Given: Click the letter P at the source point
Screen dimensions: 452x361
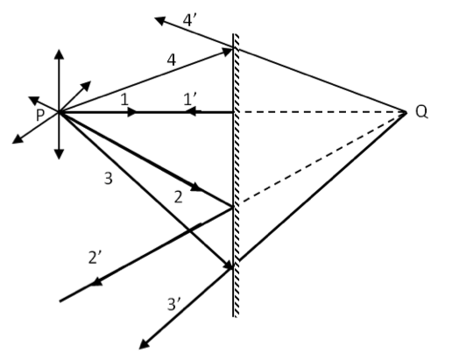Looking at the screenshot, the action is pyautogui.click(x=40, y=115).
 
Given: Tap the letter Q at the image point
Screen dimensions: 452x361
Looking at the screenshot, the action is pyautogui.click(x=421, y=111).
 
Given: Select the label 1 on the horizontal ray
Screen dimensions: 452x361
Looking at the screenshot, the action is pyautogui.click(x=124, y=99).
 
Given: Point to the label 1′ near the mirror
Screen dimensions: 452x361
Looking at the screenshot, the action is pyautogui.click(x=190, y=99).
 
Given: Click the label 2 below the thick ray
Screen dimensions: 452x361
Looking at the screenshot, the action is pyautogui.click(x=178, y=197).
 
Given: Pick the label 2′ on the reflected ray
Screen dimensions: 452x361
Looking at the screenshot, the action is pyautogui.click(x=95, y=258).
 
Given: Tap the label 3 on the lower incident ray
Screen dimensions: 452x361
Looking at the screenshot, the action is pyautogui.click(x=108, y=178).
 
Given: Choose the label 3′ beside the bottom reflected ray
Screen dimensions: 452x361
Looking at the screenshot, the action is pyautogui.click(x=174, y=304).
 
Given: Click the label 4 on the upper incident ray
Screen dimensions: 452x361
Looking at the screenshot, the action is pyautogui.click(x=172, y=60).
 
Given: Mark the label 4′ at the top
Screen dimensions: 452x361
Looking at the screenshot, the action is pyautogui.click(x=189, y=20).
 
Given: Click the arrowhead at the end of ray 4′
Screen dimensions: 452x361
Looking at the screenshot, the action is pyautogui.click(x=160, y=21).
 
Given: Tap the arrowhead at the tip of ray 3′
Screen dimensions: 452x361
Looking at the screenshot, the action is pyautogui.click(x=144, y=344).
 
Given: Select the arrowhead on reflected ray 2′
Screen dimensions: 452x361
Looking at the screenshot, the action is pyautogui.click(x=96, y=282).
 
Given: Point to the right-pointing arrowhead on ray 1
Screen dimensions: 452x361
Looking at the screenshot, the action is pyautogui.click(x=132, y=112).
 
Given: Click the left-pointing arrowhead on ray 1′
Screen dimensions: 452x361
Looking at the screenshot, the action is pyautogui.click(x=191, y=111).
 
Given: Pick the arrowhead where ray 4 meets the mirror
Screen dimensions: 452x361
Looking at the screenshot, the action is pyautogui.click(x=228, y=52).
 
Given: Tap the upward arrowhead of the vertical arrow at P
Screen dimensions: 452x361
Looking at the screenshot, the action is pyautogui.click(x=60, y=54).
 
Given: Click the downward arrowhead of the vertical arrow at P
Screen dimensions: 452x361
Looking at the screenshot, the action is pyautogui.click(x=60, y=154).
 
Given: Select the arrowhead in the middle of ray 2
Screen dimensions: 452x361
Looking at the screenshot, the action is pyautogui.click(x=196, y=187).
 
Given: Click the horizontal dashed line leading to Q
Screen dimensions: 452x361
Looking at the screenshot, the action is pyautogui.click(x=323, y=112).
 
